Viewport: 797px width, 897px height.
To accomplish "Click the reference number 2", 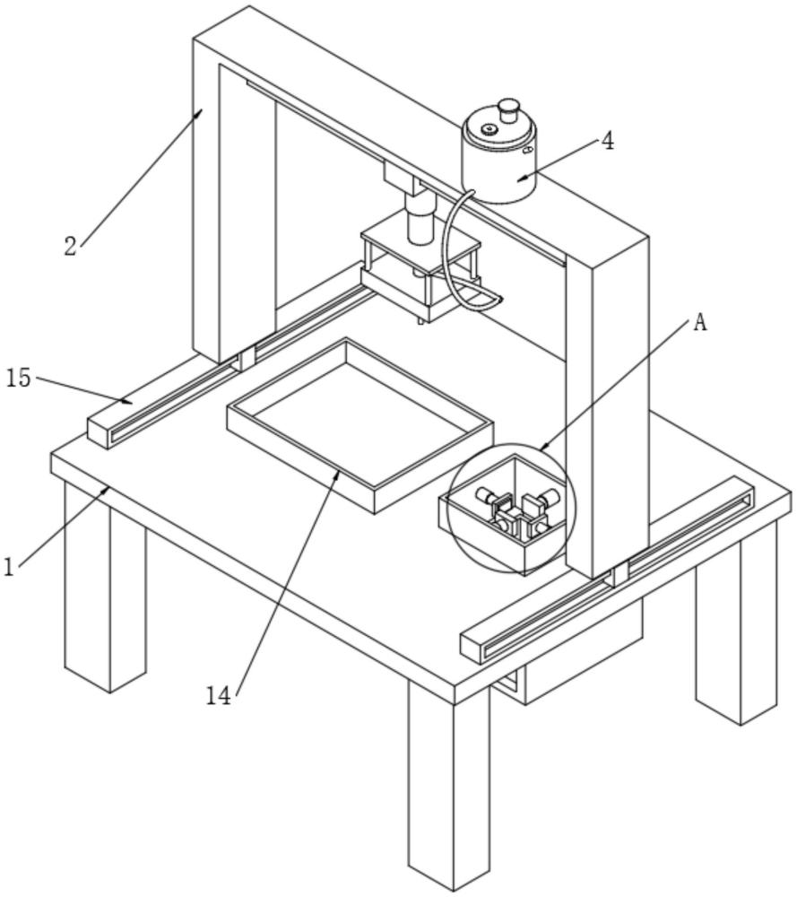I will coord(72,246).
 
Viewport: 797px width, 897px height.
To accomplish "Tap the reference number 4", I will coord(607,141).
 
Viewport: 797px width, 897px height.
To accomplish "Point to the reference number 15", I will coord(18,378).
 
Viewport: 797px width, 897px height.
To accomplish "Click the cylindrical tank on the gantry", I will coord(498,161).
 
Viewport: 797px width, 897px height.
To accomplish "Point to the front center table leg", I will coord(448,789).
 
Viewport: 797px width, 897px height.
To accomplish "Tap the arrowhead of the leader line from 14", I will coord(338,471).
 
